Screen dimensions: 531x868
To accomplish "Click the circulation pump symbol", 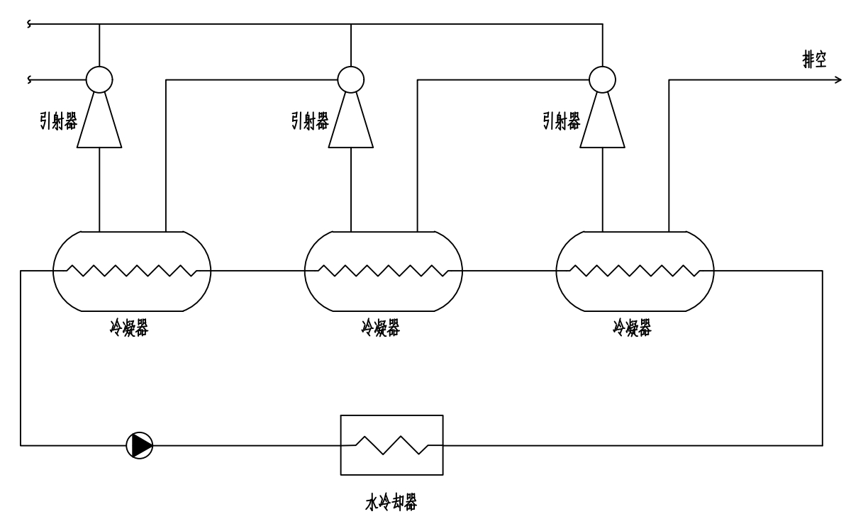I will (138, 445).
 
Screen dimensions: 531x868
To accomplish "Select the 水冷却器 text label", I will (391, 503).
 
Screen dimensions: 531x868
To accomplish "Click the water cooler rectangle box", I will (391, 445).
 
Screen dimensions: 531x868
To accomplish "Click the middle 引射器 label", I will (310, 120).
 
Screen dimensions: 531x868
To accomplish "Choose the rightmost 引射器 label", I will (562, 120).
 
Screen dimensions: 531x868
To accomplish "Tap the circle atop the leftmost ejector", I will (99, 77).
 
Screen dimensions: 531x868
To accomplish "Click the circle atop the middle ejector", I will (350, 77).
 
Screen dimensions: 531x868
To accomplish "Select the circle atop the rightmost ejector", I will (601, 77).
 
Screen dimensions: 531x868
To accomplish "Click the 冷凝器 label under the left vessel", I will (129, 330).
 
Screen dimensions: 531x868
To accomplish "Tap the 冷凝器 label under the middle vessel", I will (380, 330).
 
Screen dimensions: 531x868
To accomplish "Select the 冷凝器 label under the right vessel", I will (632, 330).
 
